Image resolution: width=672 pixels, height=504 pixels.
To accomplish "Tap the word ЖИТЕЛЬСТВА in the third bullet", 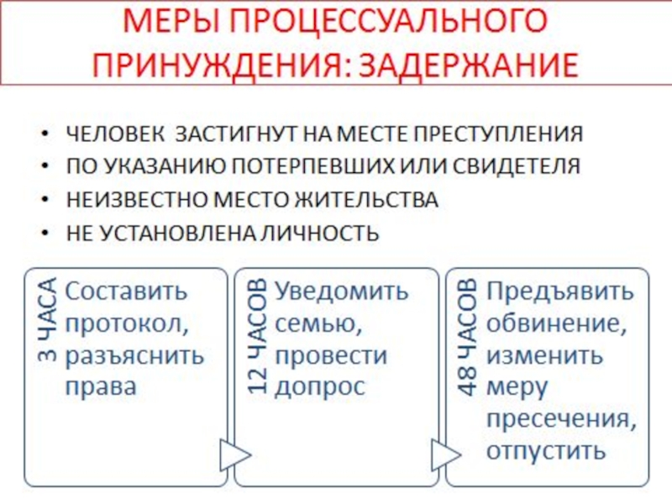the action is pyautogui.click(x=370, y=200).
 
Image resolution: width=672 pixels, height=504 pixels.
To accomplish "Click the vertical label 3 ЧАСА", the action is pyautogui.click(x=46, y=319).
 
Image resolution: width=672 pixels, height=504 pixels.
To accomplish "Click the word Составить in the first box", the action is pyautogui.click(x=127, y=291).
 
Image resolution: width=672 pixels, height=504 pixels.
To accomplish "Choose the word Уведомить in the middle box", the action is pyautogui.click(x=342, y=291).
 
